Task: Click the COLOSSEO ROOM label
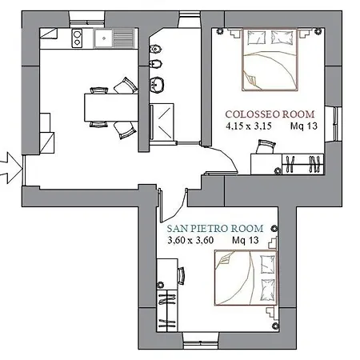pyautogui.click(x=270, y=114)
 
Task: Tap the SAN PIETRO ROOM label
pyautogui.click(x=215, y=229)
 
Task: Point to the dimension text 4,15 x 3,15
pyautogui.click(x=249, y=126)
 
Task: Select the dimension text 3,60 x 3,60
pyautogui.click(x=190, y=240)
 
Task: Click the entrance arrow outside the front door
pyautogui.click(x=10, y=168)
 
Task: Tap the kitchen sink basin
pyautogui.click(x=104, y=38)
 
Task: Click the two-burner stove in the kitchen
pyautogui.click(x=77, y=38)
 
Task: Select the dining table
pyautogui.click(x=111, y=107)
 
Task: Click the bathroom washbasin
pyautogui.click(x=157, y=85)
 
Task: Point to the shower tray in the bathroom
pyautogui.click(x=162, y=122)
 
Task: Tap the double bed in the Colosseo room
pyautogui.click(x=270, y=59)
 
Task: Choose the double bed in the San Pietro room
pyautogui.click(x=246, y=278)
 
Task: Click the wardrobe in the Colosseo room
pyautogui.click(x=303, y=164)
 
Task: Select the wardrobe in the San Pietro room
pyautogui.click(x=167, y=310)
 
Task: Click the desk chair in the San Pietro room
pyautogui.click(x=181, y=276)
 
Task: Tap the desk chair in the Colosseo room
pyautogui.click(x=266, y=146)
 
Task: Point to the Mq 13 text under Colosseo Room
pyautogui.click(x=304, y=126)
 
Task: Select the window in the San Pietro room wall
pyautogui.click(x=201, y=340)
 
